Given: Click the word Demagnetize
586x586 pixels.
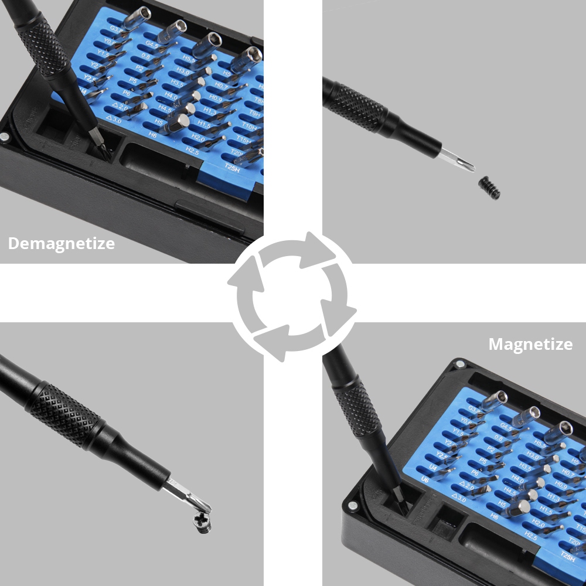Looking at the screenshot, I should tap(62, 243).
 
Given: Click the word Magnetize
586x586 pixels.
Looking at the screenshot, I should tap(530, 344).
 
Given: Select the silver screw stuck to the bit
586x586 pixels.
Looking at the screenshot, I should tap(203, 520).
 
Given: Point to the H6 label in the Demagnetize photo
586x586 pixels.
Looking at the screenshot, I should tap(153, 134).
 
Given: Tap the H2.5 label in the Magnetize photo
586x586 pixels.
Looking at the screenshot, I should tap(530, 536).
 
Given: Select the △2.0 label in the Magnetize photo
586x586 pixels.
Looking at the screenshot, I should tap(466, 486).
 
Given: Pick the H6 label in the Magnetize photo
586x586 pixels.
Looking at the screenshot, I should tap(495, 517).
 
